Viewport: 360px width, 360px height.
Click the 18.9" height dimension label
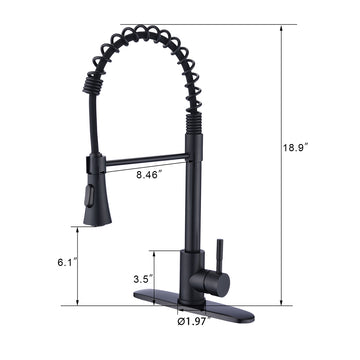tap(295, 147)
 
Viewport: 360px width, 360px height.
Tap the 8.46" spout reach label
tap(149, 175)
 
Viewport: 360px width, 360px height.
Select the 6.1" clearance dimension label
tap(67, 262)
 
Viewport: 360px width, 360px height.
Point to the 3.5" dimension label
tap(143, 279)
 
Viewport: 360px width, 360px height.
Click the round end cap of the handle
tap(224, 284)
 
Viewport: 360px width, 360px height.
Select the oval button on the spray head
tap(89, 196)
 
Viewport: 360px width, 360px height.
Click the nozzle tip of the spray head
tap(97, 222)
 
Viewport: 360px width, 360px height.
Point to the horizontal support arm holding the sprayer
tap(146, 160)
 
